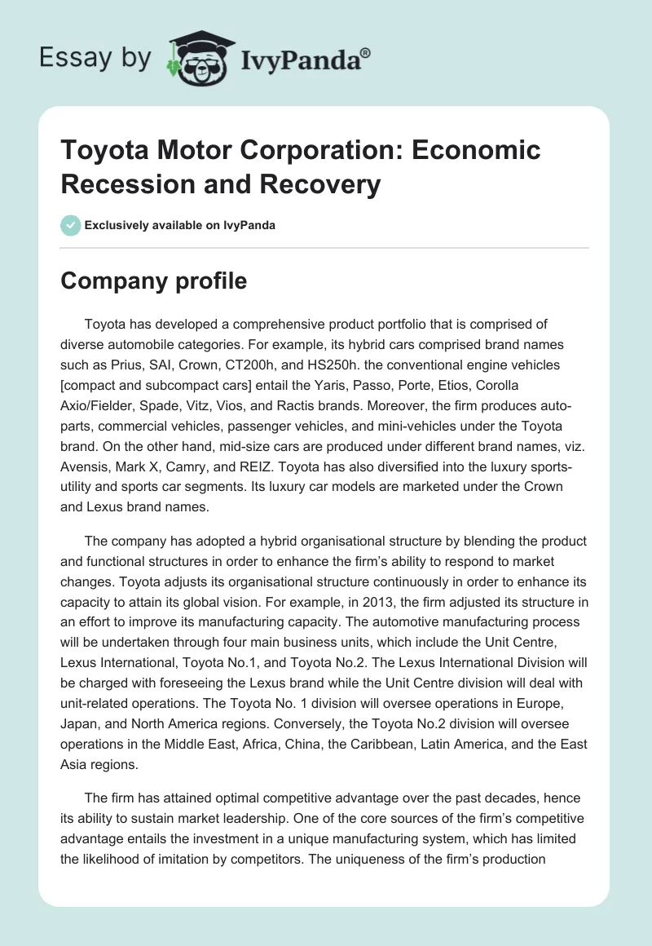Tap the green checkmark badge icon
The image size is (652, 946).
[x=71, y=225]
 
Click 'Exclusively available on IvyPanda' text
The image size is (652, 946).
[x=180, y=226]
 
